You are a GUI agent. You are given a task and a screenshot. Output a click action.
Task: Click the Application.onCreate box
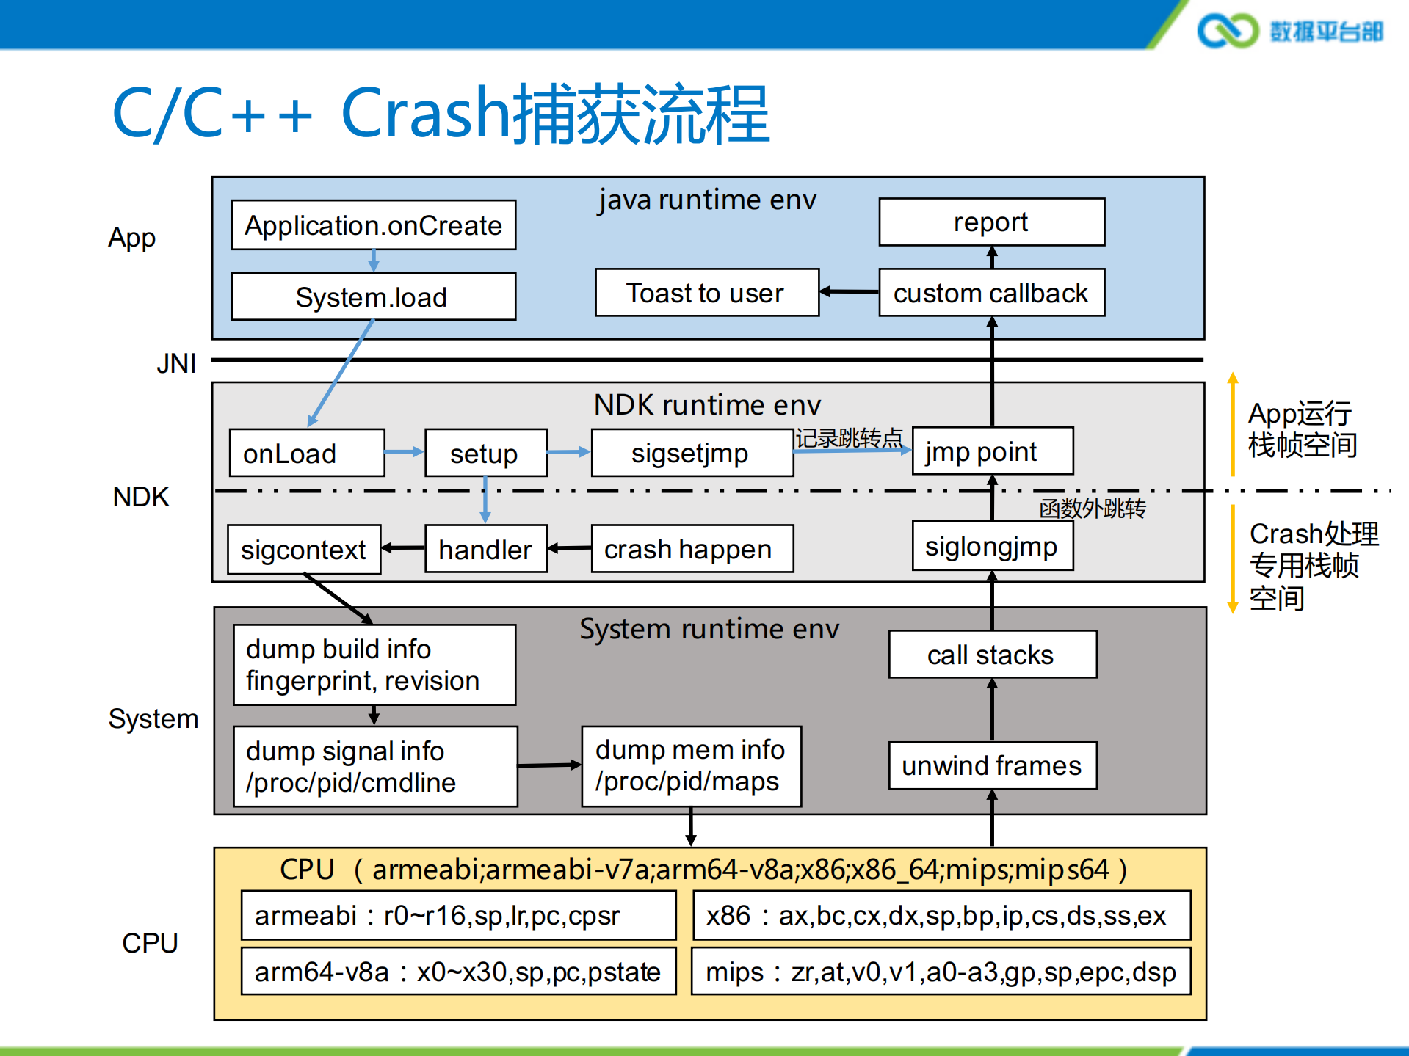(373, 225)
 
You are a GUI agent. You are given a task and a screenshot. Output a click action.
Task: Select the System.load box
(373, 296)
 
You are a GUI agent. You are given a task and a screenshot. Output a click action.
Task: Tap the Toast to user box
(706, 293)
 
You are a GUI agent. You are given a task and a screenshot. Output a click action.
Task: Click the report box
(991, 222)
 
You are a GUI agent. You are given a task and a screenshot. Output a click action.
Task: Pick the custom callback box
(991, 293)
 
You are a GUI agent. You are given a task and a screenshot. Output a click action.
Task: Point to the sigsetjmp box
(692, 453)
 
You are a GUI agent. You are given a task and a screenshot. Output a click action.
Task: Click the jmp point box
(992, 451)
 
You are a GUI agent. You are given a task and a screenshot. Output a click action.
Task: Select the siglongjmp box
(992, 546)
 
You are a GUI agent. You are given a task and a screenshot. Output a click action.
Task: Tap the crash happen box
(692, 548)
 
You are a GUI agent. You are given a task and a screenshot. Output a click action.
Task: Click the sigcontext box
(304, 549)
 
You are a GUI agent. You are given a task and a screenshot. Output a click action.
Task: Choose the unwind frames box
(992, 765)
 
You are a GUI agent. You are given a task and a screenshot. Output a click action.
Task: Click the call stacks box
(992, 654)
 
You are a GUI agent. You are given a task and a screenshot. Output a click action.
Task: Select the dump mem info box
(691, 766)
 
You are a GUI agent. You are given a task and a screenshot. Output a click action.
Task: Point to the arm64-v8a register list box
(458, 972)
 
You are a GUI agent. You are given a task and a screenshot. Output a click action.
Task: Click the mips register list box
(941, 972)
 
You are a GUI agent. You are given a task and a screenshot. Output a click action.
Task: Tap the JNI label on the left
(176, 363)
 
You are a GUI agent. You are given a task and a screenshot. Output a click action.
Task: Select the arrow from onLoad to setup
(405, 452)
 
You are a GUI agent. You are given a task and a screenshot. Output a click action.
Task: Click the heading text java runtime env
(706, 200)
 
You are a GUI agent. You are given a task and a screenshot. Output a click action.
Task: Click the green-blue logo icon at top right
(1227, 31)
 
